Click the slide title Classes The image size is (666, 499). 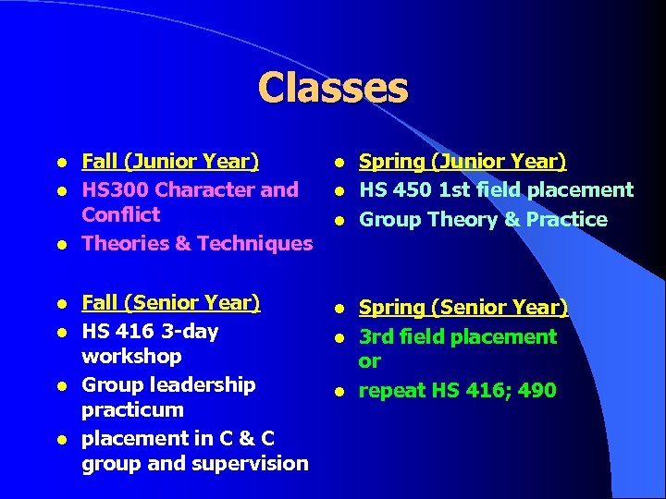[332, 89]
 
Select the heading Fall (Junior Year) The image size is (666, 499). [170, 162]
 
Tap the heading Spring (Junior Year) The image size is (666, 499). [462, 162]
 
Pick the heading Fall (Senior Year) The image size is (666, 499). [170, 303]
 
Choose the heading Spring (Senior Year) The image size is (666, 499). [462, 307]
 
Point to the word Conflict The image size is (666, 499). [120, 214]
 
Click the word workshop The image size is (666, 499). [131, 356]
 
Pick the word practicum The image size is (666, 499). [132, 409]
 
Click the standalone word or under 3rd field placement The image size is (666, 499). [369, 361]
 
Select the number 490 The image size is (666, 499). [537, 391]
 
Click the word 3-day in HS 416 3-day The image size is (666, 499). [191, 331]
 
